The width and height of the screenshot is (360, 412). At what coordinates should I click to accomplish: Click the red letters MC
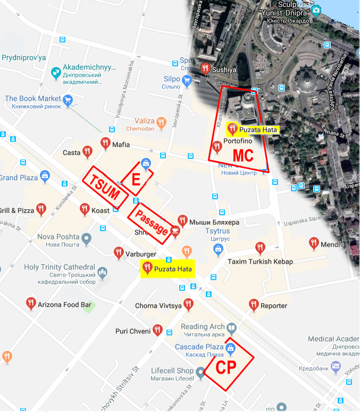point(243,155)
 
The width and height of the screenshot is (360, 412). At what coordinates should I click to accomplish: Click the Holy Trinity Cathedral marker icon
point(103,274)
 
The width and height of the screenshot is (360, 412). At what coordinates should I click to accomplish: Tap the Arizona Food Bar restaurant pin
point(31,304)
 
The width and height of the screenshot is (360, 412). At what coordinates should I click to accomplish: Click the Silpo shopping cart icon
point(187,81)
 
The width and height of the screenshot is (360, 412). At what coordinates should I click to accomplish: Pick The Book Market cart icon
point(68,99)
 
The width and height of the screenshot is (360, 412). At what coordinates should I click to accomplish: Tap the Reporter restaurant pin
point(254,305)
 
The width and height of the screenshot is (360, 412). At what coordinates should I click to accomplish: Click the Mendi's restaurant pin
point(314,243)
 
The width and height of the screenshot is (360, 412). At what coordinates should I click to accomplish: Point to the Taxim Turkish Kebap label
point(260,262)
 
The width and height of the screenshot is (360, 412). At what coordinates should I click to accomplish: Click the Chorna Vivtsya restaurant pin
point(188,305)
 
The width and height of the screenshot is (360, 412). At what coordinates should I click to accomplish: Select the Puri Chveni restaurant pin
point(157,330)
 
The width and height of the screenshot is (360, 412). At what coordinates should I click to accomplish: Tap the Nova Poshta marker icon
point(86,238)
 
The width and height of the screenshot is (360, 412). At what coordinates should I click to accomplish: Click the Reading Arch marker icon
point(231,327)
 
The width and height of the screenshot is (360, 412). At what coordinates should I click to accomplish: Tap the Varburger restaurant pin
point(119,253)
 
